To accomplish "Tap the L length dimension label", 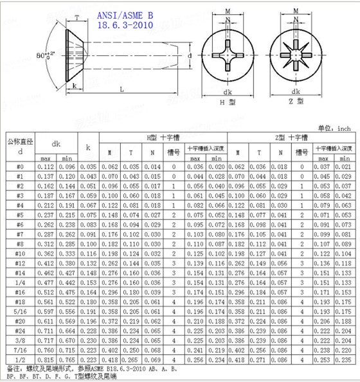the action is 122,89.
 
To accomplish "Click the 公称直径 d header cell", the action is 20,146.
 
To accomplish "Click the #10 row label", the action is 20,254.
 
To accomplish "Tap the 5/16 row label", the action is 20,311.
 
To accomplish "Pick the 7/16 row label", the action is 20,349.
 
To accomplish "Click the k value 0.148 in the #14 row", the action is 89,273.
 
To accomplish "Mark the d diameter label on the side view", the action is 190,57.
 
